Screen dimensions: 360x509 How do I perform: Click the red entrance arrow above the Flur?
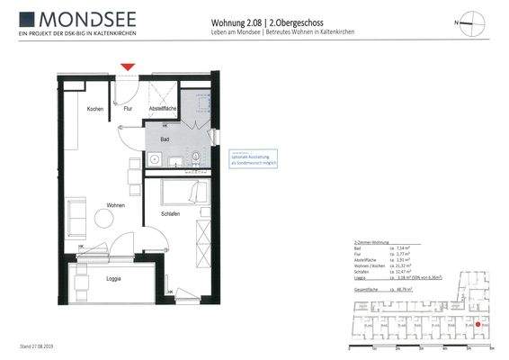128,67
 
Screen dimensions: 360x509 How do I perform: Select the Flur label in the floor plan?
128,109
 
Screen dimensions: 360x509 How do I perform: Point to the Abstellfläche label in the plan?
162,109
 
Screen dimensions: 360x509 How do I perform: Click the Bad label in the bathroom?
165,139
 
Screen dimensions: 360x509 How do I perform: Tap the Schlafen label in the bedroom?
172,213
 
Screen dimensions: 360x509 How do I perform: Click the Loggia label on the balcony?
113,278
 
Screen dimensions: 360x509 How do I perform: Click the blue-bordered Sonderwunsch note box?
253,158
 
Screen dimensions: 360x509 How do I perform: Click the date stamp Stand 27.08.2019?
37,346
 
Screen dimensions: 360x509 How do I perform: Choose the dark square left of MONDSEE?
26,19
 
